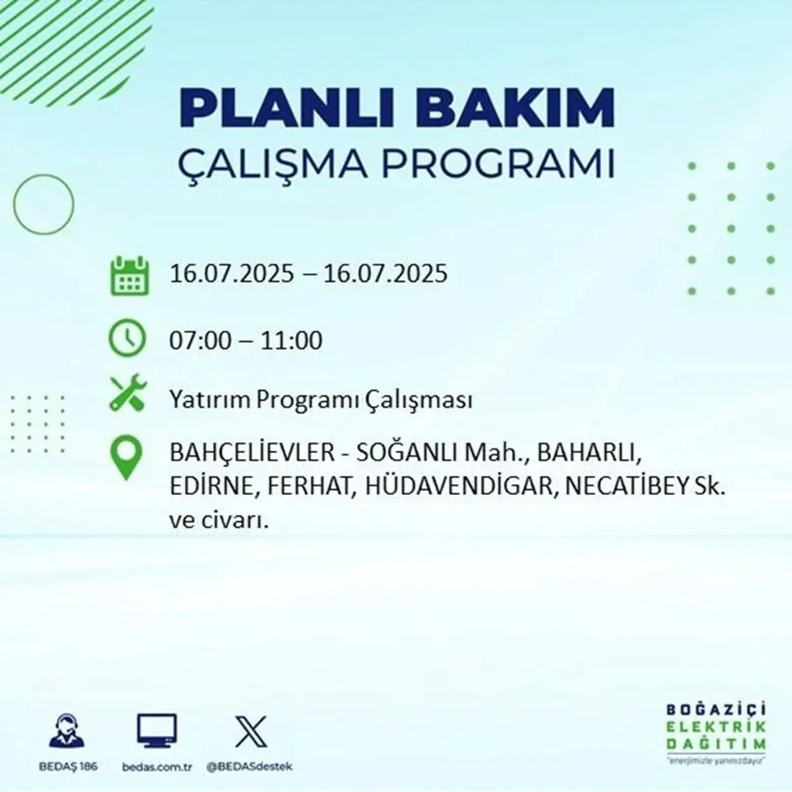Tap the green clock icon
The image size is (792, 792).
(127, 339)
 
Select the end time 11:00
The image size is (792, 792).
(291, 341)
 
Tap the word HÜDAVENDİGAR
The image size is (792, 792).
(458, 487)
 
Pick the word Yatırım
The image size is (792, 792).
(210, 400)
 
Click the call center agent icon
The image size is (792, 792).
(67, 732)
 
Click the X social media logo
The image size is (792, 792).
(251, 732)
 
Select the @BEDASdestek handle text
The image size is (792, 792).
(249, 767)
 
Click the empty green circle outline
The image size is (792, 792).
(43, 204)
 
